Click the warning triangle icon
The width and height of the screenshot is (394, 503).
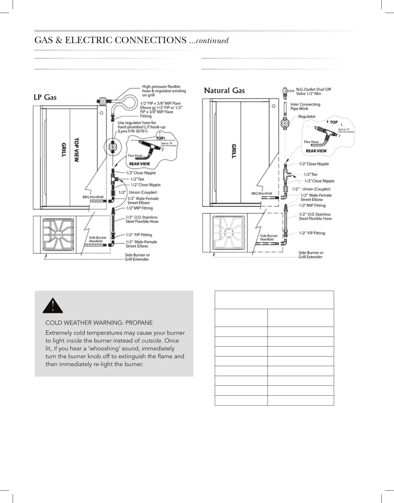pos(53,306)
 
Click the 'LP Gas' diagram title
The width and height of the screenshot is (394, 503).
pos(45,97)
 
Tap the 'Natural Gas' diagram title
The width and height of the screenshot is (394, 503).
pos(224,90)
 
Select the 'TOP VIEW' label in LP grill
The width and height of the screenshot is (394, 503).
pos(77,150)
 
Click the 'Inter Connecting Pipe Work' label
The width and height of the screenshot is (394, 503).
pos(305,106)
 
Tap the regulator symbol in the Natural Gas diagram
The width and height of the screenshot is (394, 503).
pos(285,123)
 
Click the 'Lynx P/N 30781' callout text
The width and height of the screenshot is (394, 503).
pos(133,131)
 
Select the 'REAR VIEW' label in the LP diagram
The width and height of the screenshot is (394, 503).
pos(139,164)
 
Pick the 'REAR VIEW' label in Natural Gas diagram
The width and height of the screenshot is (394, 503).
pos(316,151)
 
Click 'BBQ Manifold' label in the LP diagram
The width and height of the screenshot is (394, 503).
pos(93,197)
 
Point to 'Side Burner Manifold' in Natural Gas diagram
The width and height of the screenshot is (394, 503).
pos(269,237)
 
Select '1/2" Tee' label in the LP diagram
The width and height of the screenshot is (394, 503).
pos(137,179)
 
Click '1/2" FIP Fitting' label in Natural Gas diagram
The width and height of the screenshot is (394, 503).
pos(312,233)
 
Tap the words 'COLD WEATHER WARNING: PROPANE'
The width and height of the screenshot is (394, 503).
pos(99,323)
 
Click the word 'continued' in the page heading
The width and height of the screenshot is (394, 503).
pos(212,40)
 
